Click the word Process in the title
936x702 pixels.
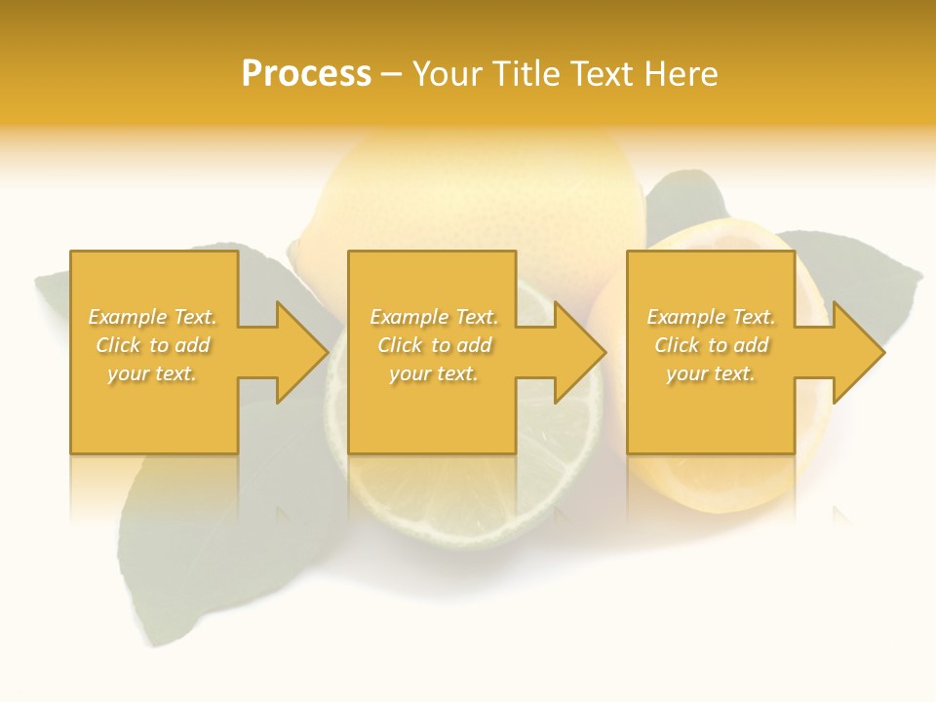(x=306, y=74)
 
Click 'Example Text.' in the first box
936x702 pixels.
(x=152, y=317)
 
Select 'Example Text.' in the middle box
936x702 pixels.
(x=434, y=317)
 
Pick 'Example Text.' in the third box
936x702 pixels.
(x=711, y=317)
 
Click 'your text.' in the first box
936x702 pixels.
(x=152, y=373)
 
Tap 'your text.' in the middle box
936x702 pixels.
(x=434, y=373)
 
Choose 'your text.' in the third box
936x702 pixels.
(x=711, y=373)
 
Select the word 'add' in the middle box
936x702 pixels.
(x=474, y=345)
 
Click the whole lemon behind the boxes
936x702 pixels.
(x=478, y=195)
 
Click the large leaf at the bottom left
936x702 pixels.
(x=185, y=556)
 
